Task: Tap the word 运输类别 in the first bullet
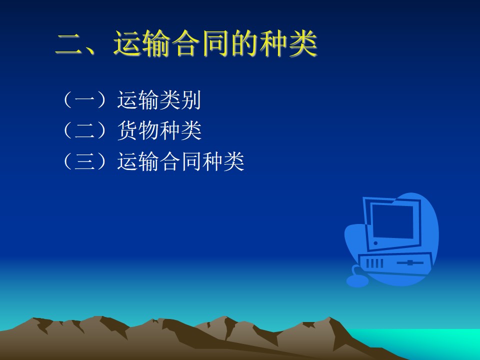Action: (x=159, y=100)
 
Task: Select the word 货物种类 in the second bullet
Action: (x=159, y=130)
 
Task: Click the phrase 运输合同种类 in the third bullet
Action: (x=180, y=161)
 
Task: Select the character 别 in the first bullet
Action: (x=191, y=100)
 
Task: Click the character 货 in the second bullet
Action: (x=127, y=130)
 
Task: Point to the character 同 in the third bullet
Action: (x=191, y=161)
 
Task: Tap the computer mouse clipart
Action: (x=357, y=280)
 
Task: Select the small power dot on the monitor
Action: (x=375, y=243)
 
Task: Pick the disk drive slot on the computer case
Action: (x=410, y=262)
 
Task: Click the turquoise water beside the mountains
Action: (x=422, y=341)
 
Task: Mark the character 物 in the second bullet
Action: (x=149, y=130)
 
